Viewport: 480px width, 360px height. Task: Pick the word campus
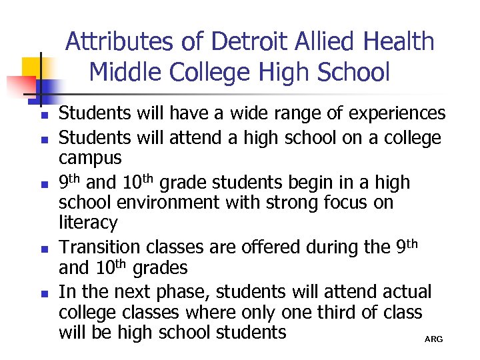pyautogui.click(x=90, y=159)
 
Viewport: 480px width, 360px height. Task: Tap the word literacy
pyautogui.click(x=88, y=222)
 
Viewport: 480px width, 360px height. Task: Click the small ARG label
pyautogui.click(x=433, y=340)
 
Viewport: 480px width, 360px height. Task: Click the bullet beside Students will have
pyautogui.click(x=41, y=115)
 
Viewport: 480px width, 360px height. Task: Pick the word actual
pyautogui.click(x=407, y=292)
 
